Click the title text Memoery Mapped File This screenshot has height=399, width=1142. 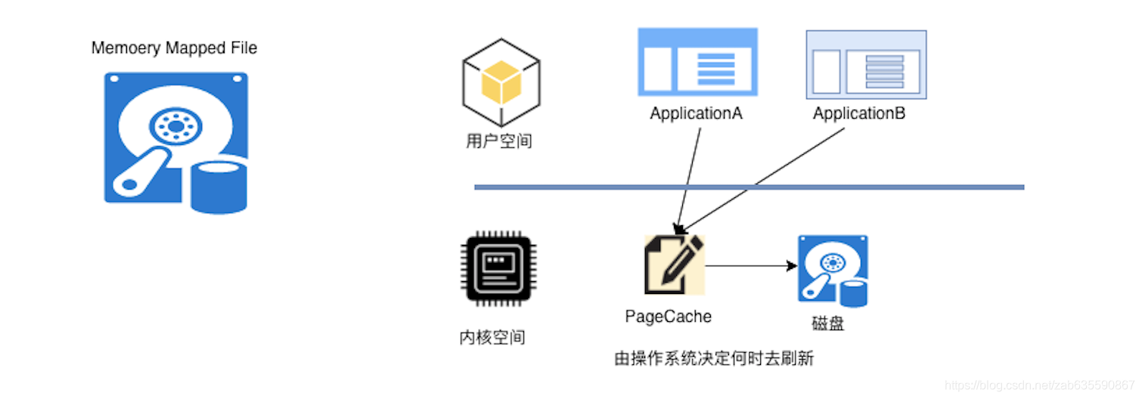pos(174,48)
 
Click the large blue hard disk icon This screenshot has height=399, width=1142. pos(175,141)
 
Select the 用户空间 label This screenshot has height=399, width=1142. pos(499,141)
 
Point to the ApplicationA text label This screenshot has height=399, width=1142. pos(696,114)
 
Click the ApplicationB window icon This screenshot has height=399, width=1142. pos(866,65)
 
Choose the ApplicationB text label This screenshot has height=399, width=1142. pos(859,114)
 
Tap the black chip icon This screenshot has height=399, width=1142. pos(498,270)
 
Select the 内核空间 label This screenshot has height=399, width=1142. pos(492,338)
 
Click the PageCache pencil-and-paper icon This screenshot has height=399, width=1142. pos(673,264)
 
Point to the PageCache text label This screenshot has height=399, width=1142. pos(669,317)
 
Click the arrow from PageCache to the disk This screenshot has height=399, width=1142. pos(750,265)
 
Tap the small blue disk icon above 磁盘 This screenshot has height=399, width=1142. pos(833,271)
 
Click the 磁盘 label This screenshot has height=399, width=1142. pos(828,325)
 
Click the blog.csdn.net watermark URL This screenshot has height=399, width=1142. pos(1040,386)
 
